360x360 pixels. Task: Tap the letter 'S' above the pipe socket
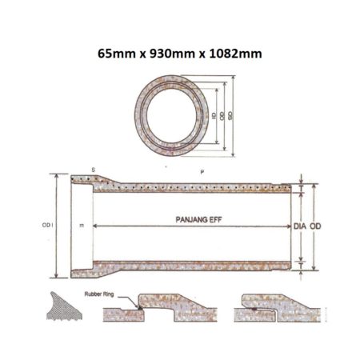point(93,170)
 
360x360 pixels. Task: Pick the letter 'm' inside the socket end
point(82,226)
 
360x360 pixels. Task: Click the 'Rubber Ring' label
point(99,294)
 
